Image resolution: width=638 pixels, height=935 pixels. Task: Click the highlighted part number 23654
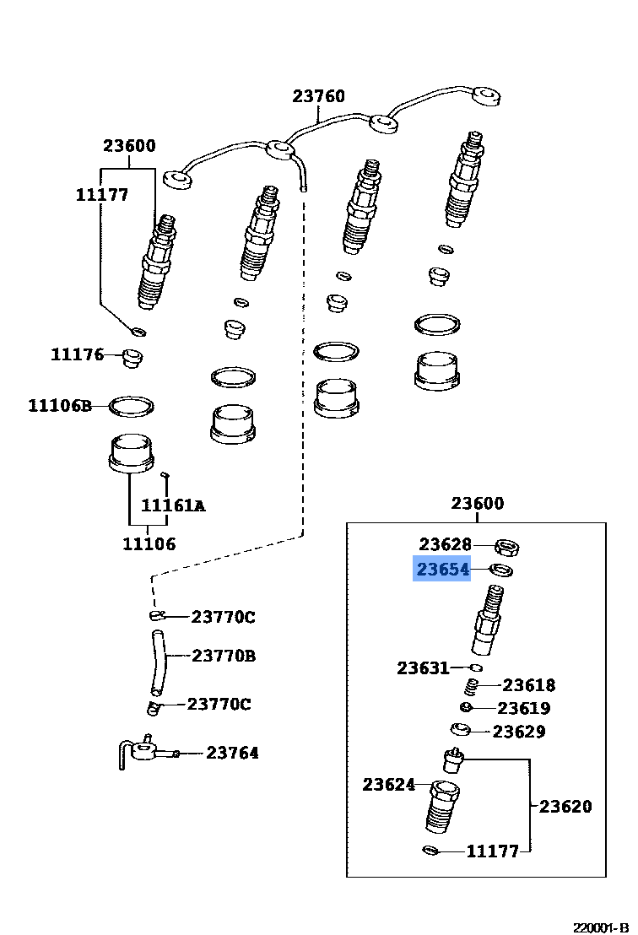coord(441,570)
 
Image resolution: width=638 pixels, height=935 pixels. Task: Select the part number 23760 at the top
coord(318,96)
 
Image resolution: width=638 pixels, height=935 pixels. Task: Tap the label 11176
coord(77,354)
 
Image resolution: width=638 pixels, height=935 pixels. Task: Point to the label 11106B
coord(59,406)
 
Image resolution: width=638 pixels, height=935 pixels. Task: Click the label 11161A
coord(172,505)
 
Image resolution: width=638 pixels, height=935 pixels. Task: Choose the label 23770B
coord(223,655)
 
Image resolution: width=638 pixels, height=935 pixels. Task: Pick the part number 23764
coord(232,753)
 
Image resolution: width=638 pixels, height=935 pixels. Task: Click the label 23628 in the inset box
coord(445,545)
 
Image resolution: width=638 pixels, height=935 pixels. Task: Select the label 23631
coord(423,668)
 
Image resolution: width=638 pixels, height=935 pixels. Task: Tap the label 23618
coord(529,685)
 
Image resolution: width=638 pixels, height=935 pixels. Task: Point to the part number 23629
coord(519,732)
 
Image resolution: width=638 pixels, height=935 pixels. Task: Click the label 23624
coord(389,785)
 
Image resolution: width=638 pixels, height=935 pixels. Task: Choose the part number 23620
coord(565,806)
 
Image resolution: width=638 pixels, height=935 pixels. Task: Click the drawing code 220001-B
coord(603,927)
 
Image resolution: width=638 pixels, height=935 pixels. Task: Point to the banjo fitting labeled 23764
coord(143,750)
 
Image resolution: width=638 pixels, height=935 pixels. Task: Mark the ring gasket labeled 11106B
coord(132,407)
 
